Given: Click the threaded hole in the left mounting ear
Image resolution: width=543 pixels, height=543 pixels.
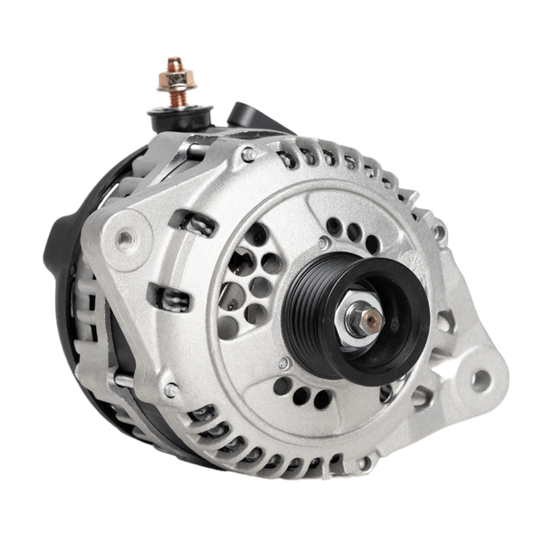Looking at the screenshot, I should tap(124, 239).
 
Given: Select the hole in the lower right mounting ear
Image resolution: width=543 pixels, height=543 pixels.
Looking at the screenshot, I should tap(479, 380).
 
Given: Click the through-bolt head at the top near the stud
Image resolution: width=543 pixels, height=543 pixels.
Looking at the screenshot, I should tap(247, 155).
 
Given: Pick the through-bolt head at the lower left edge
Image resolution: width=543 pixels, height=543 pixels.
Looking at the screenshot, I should tap(170, 390).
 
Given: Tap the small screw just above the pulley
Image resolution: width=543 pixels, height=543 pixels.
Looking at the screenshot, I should tap(323, 243).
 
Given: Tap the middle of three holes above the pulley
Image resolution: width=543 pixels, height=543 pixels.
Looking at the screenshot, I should tap(354, 232).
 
